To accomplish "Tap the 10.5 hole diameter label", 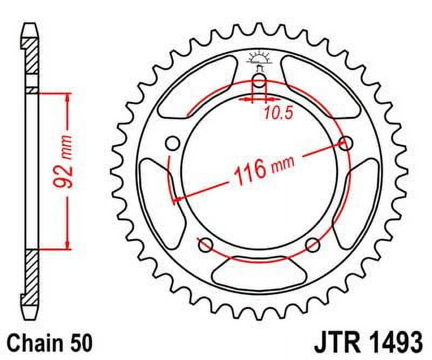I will coord(274,113).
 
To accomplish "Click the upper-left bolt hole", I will coord(173,143).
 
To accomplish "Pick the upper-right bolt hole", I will coord(345,143).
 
